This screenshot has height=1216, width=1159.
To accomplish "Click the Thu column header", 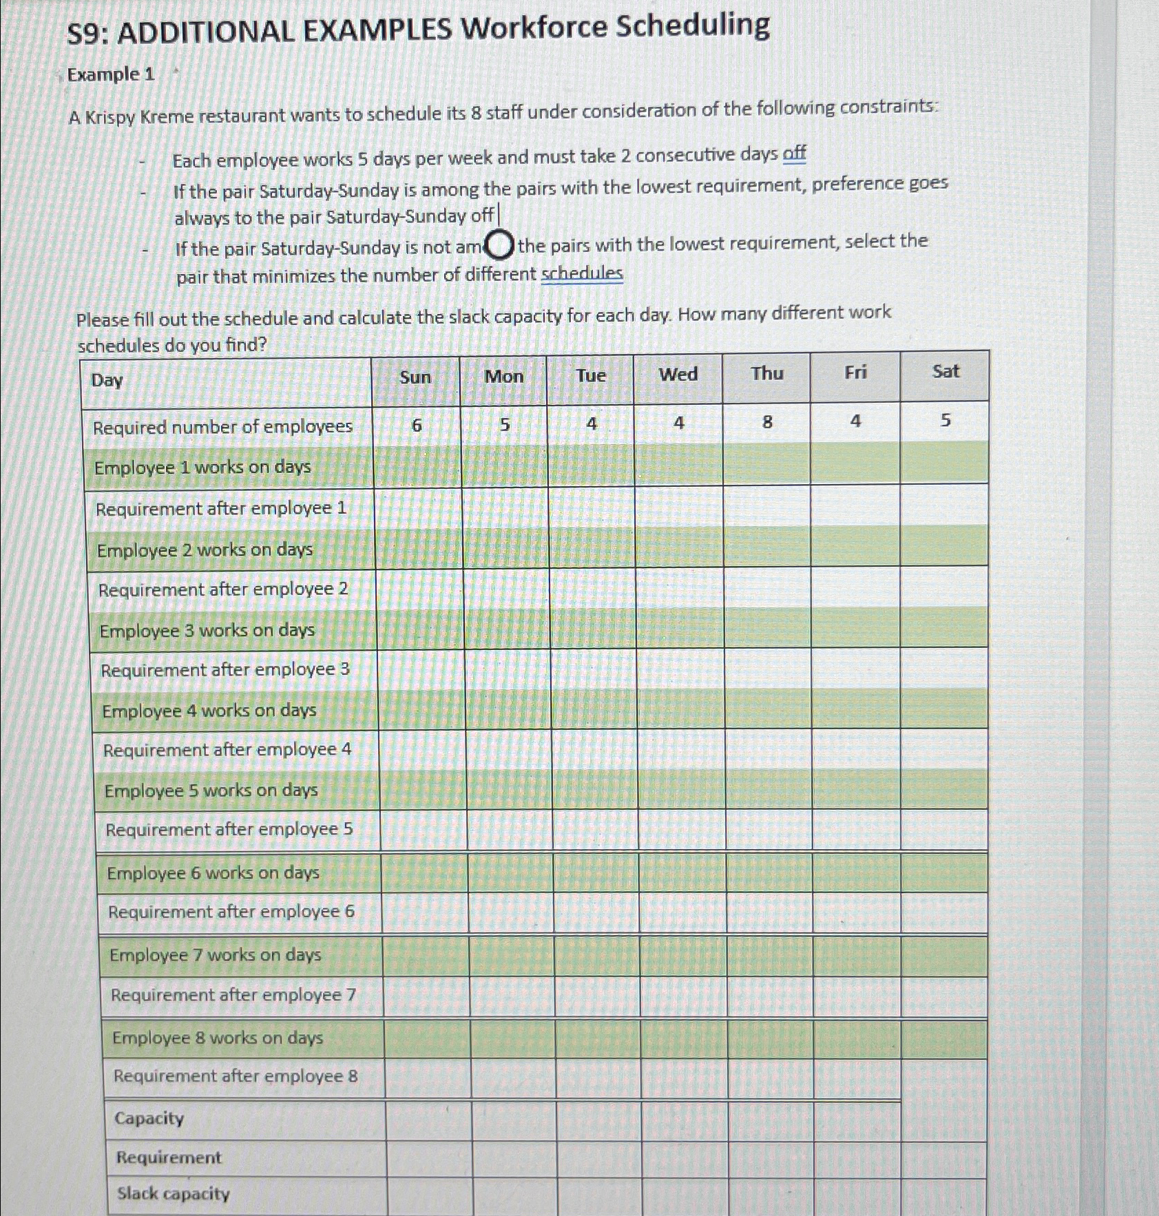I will click(x=766, y=374).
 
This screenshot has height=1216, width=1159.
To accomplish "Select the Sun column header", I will click(x=415, y=377).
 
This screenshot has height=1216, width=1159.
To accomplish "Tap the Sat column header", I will click(x=945, y=372).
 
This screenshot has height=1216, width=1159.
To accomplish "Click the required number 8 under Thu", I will click(x=767, y=422).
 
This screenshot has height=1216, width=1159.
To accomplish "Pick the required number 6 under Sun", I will click(x=416, y=426).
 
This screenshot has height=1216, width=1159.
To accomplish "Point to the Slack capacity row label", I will click(x=173, y=1193).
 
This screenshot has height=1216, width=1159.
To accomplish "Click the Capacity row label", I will click(x=149, y=1118).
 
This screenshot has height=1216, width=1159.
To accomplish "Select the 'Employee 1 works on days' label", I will click(x=202, y=468).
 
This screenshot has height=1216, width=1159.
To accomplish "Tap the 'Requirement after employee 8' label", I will click(x=235, y=1076).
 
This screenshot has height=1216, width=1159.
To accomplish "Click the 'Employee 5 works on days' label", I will click(x=211, y=790).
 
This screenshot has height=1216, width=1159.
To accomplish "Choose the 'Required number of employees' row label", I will click(x=222, y=428).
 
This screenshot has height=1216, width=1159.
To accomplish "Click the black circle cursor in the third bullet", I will click(x=499, y=246).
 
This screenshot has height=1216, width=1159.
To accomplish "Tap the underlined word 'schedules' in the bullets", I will click(x=582, y=274).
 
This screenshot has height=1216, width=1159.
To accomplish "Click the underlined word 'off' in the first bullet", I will click(x=794, y=154).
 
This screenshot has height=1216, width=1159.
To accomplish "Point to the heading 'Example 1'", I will click(x=111, y=74).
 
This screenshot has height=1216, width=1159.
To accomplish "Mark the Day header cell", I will click(x=107, y=380).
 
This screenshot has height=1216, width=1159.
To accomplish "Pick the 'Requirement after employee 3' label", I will click(x=225, y=669).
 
